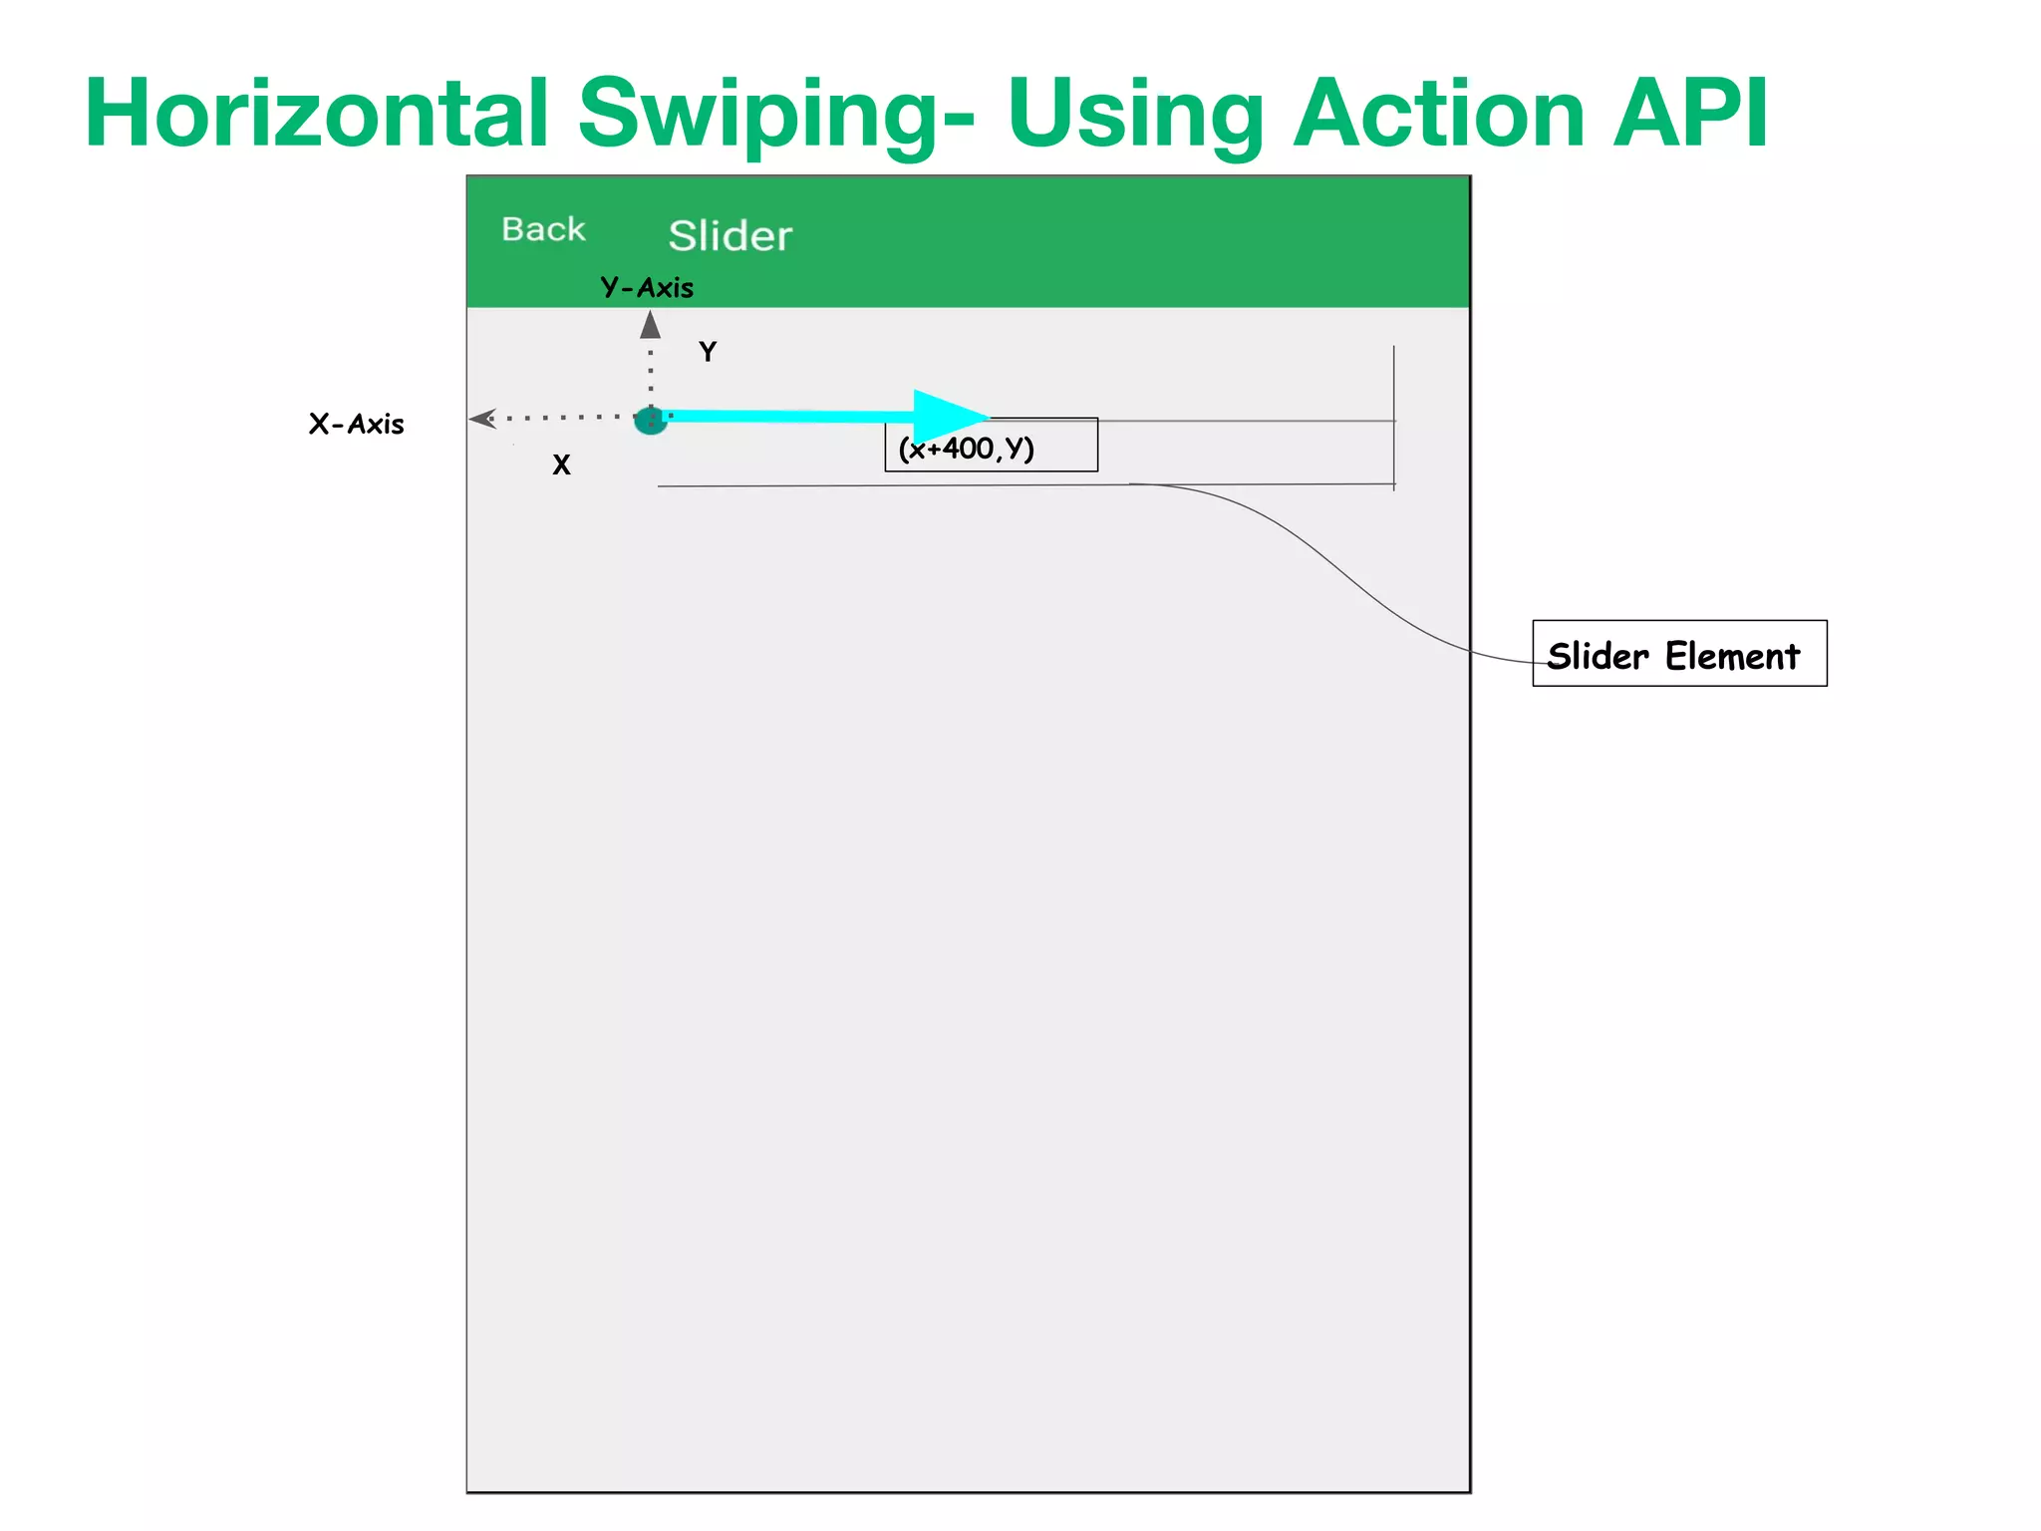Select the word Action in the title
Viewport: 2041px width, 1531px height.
(x=1438, y=114)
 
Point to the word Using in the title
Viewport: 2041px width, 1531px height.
(x=1135, y=116)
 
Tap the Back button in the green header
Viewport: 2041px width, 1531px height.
(x=543, y=229)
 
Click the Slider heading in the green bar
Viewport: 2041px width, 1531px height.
(x=729, y=236)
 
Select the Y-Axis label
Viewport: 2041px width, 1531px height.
(x=647, y=288)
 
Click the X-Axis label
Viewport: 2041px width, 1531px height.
(x=356, y=425)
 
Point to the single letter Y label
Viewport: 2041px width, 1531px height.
(x=708, y=352)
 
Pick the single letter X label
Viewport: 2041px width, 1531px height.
(x=561, y=465)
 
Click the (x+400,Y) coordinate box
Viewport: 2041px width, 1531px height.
(x=991, y=446)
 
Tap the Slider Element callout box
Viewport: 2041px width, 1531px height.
(x=1679, y=654)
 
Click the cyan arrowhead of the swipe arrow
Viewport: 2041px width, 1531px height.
(x=947, y=415)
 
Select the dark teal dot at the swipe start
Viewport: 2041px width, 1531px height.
(x=650, y=421)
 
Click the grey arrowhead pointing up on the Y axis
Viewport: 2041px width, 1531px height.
(x=651, y=325)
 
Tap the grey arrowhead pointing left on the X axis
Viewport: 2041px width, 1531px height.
(x=482, y=419)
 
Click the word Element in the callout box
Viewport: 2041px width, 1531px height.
(x=1732, y=656)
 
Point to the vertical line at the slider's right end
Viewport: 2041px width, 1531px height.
(x=1394, y=419)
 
